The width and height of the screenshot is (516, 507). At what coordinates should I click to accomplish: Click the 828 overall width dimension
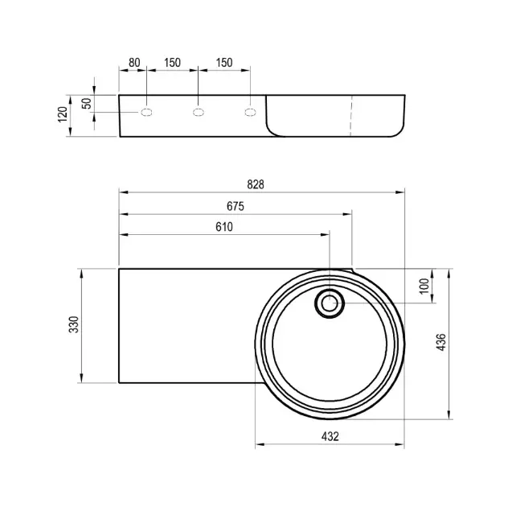point(256,184)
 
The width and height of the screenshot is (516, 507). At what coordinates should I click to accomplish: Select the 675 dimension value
point(235,206)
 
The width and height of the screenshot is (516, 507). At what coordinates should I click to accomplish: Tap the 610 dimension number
point(224,227)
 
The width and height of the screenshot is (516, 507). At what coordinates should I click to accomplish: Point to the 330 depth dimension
point(74,324)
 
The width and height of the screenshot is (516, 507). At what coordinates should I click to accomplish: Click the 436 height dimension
point(441,342)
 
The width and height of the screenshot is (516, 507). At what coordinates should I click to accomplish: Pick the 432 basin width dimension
point(330,436)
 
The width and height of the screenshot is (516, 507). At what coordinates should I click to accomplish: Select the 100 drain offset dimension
point(424,286)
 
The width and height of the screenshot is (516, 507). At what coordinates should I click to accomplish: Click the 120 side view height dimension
point(63,114)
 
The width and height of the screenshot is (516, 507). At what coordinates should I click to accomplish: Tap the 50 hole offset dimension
point(86,104)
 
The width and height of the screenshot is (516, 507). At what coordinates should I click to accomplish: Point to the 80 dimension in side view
point(134,63)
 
